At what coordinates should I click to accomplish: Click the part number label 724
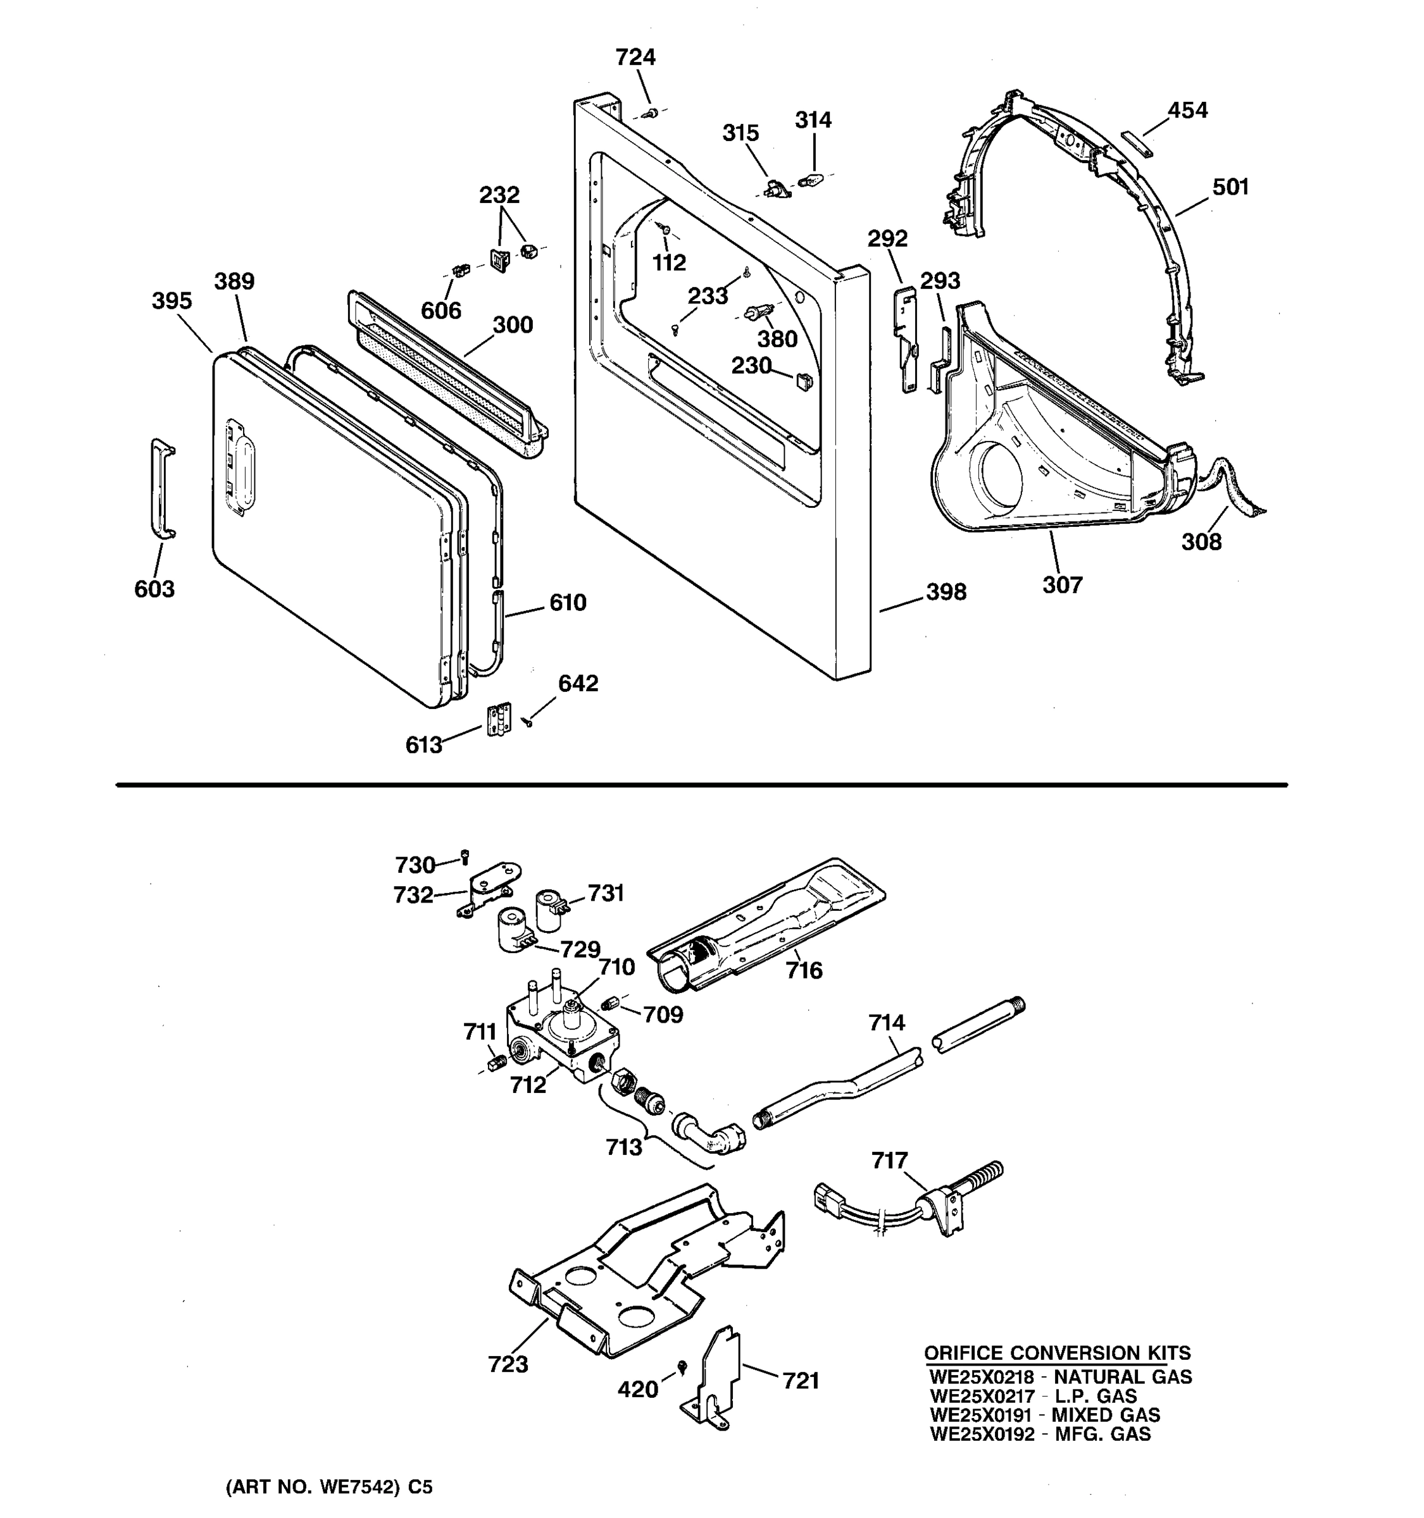(x=635, y=58)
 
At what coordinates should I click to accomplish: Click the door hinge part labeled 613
(x=499, y=719)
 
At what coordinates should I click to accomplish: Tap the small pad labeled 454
(x=1136, y=143)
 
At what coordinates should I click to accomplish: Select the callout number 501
(x=1230, y=187)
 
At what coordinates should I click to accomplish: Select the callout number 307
(x=1062, y=585)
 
